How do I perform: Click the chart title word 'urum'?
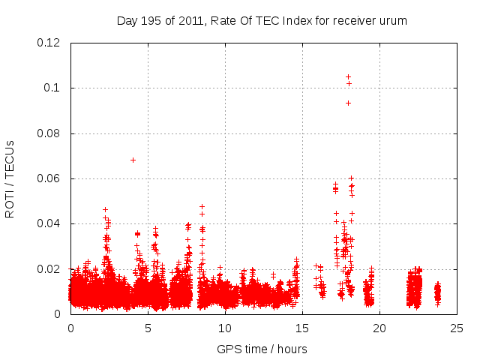tap(394, 20)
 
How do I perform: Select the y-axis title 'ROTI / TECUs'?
tap(10, 179)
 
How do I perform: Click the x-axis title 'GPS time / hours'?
tap(262, 349)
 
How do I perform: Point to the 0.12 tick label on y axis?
tap(49, 43)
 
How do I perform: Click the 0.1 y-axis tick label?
tap(55, 88)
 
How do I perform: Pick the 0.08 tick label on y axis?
tap(49, 133)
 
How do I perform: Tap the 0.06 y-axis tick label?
tap(49, 178)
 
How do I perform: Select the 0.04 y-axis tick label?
tap(49, 223)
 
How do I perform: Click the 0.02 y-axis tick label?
tap(49, 268)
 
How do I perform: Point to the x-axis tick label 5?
tap(148, 328)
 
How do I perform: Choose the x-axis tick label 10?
tap(225, 328)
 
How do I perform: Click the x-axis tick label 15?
tap(302, 328)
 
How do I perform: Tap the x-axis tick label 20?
tap(379, 328)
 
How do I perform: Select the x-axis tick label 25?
tap(457, 328)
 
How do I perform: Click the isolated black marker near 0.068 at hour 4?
tap(133, 160)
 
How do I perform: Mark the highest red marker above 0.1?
tap(348, 76)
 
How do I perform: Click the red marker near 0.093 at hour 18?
tap(348, 103)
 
